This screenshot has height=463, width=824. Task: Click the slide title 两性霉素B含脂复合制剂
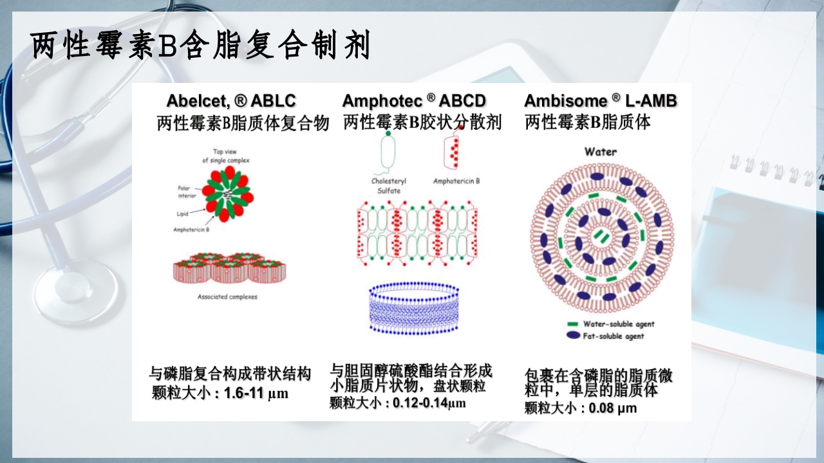(x=200, y=46)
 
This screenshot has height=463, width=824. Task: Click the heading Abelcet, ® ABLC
(x=231, y=101)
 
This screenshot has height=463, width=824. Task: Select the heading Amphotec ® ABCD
(x=414, y=101)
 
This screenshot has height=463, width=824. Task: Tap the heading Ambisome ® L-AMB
(x=600, y=101)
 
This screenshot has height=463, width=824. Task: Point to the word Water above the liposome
(x=600, y=152)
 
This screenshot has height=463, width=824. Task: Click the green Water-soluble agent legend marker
(x=572, y=323)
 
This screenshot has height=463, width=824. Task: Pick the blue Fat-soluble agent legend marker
(x=572, y=336)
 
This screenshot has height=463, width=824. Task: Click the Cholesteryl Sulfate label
(x=389, y=186)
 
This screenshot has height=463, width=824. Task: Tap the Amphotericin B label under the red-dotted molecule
(x=456, y=181)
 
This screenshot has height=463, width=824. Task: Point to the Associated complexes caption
(x=227, y=296)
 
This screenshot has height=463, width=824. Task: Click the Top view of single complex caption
(x=225, y=156)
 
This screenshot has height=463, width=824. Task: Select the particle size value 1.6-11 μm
(x=256, y=394)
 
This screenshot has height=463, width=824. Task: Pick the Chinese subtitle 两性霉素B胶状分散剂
(x=422, y=122)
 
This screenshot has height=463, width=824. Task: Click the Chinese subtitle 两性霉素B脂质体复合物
(x=243, y=123)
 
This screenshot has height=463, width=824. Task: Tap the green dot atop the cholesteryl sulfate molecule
(x=388, y=134)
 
